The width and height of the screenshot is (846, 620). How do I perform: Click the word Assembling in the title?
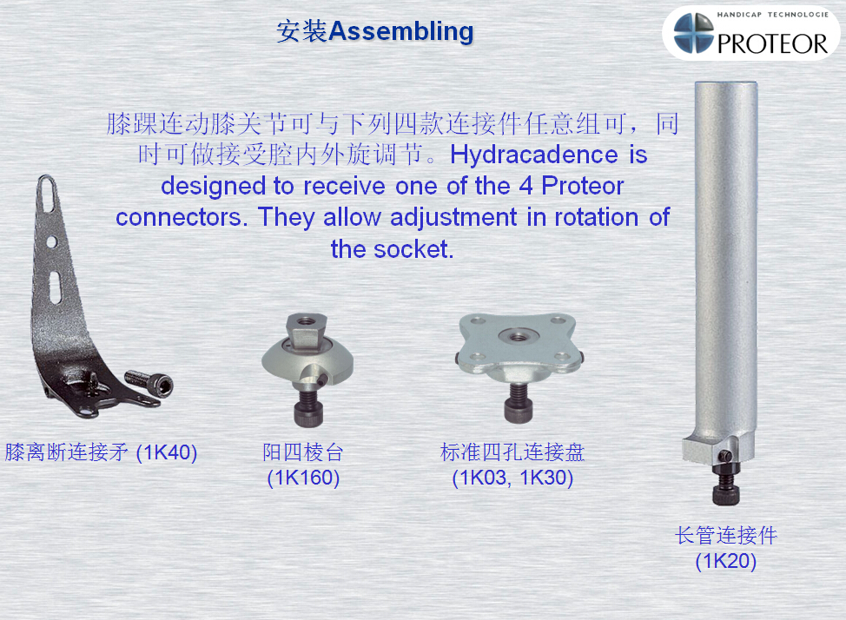401,31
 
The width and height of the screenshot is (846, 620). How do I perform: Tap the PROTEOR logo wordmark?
772,43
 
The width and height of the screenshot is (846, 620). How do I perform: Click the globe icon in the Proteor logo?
694,33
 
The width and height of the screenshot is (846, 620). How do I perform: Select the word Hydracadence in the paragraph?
533,155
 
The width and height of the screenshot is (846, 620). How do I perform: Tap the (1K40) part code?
167,452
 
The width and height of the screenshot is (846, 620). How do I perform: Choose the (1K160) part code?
303,478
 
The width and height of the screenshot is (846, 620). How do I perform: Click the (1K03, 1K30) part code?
512,478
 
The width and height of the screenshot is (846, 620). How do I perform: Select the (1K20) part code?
725,561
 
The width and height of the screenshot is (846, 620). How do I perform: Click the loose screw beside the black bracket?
149,383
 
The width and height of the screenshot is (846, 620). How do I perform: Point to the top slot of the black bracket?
48,194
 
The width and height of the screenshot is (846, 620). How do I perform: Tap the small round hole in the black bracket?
52,241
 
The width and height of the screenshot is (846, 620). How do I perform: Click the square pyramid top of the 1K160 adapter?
306,330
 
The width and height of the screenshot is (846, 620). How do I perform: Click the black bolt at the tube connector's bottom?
726,484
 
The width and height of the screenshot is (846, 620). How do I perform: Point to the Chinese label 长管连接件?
726,535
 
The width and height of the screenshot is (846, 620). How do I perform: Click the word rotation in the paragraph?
596,217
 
